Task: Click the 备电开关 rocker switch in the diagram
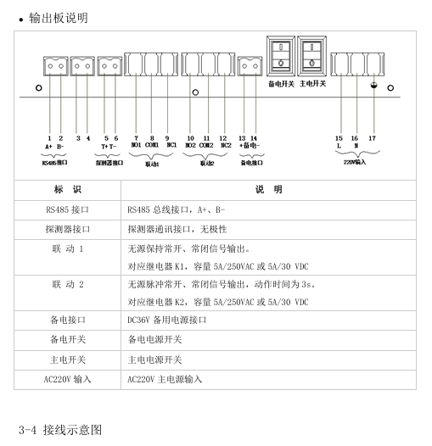(x=280, y=56)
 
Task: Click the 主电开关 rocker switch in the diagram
(x=311, y=56)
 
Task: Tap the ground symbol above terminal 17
(x=373, y=85)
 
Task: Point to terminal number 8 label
(x=152, y=138)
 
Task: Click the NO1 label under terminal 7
(x=136, y=145)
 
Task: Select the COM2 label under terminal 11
(x=206, y=145)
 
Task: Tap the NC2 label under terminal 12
(x=226, y=145)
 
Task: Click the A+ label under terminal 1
(x=48, y=147)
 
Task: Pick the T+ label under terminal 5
(x=104, y=147)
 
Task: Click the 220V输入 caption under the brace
(x=355, y=162)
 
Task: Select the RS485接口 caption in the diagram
(x=54, y=163)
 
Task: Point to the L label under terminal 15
(x=339, y=146)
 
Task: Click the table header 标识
(x=68, y=189)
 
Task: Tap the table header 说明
(x=268, y=189)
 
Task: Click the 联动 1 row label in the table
(x=68, y=249)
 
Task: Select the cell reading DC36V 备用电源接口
(x=167, y=320)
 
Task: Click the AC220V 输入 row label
(x=68, y=379)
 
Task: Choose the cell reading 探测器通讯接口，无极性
(x=177, y=229)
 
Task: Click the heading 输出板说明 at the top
(x=59, y=18)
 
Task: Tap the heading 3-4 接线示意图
(x=60, y=430)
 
